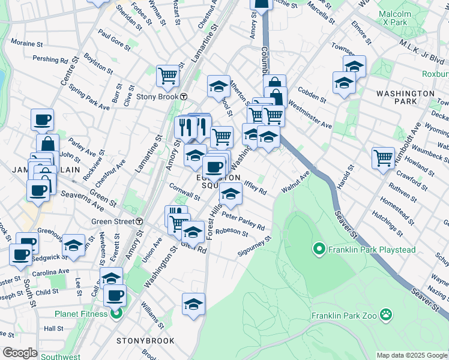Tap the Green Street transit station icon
point(139,221)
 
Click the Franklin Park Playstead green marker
point(318,248)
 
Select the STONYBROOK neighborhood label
point(146,341)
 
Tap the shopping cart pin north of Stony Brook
point(167,76)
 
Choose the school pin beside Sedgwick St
point(73,246)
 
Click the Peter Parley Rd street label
point(244,220)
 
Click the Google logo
point(20,353)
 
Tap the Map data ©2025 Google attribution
point(412,355)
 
